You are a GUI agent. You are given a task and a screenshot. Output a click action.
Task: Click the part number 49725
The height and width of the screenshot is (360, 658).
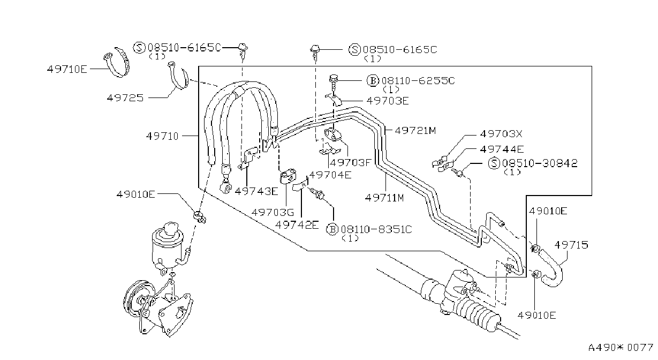(125, 97)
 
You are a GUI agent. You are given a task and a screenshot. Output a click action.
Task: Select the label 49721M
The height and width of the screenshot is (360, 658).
(415, 130)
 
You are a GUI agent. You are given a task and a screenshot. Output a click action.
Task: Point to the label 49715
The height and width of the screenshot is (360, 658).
(571, 244)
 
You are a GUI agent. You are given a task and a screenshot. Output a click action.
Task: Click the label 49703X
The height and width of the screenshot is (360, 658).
(501, 134)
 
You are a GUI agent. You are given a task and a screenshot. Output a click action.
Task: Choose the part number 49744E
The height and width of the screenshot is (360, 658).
(502, 149)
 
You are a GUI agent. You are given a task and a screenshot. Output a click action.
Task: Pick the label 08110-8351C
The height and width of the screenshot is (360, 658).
(376, 229)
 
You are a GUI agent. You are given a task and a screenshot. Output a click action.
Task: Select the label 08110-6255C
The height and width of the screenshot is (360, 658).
(418, 80)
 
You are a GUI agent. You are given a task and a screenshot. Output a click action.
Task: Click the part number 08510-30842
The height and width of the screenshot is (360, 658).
(540, 163)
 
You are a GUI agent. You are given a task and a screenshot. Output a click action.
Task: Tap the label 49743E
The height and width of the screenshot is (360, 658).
(256, 191)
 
